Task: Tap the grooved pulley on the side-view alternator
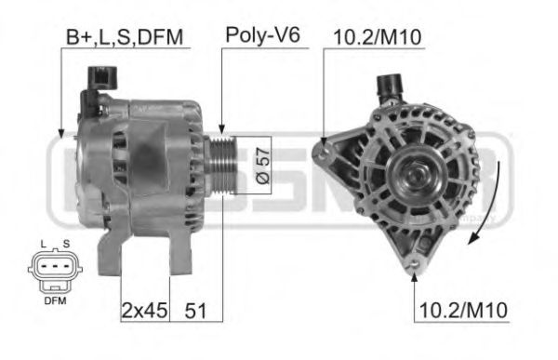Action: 220,164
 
